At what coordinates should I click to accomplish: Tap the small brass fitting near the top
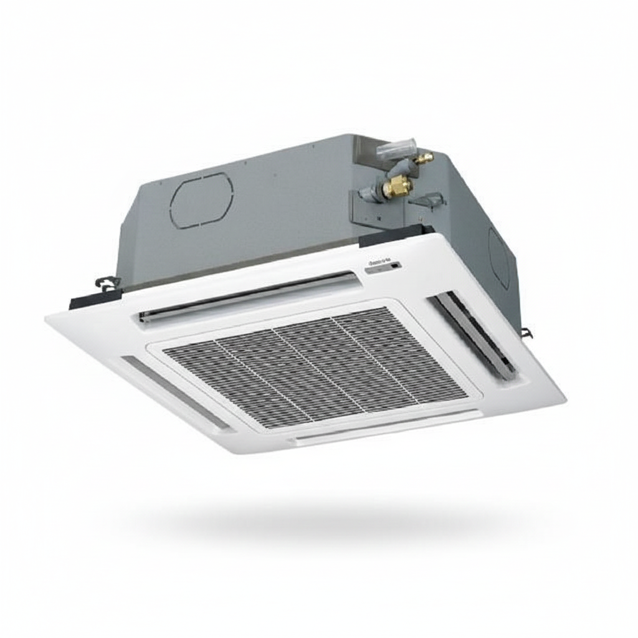425,158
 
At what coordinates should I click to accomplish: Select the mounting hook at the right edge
528,333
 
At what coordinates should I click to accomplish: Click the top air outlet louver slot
249,297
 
